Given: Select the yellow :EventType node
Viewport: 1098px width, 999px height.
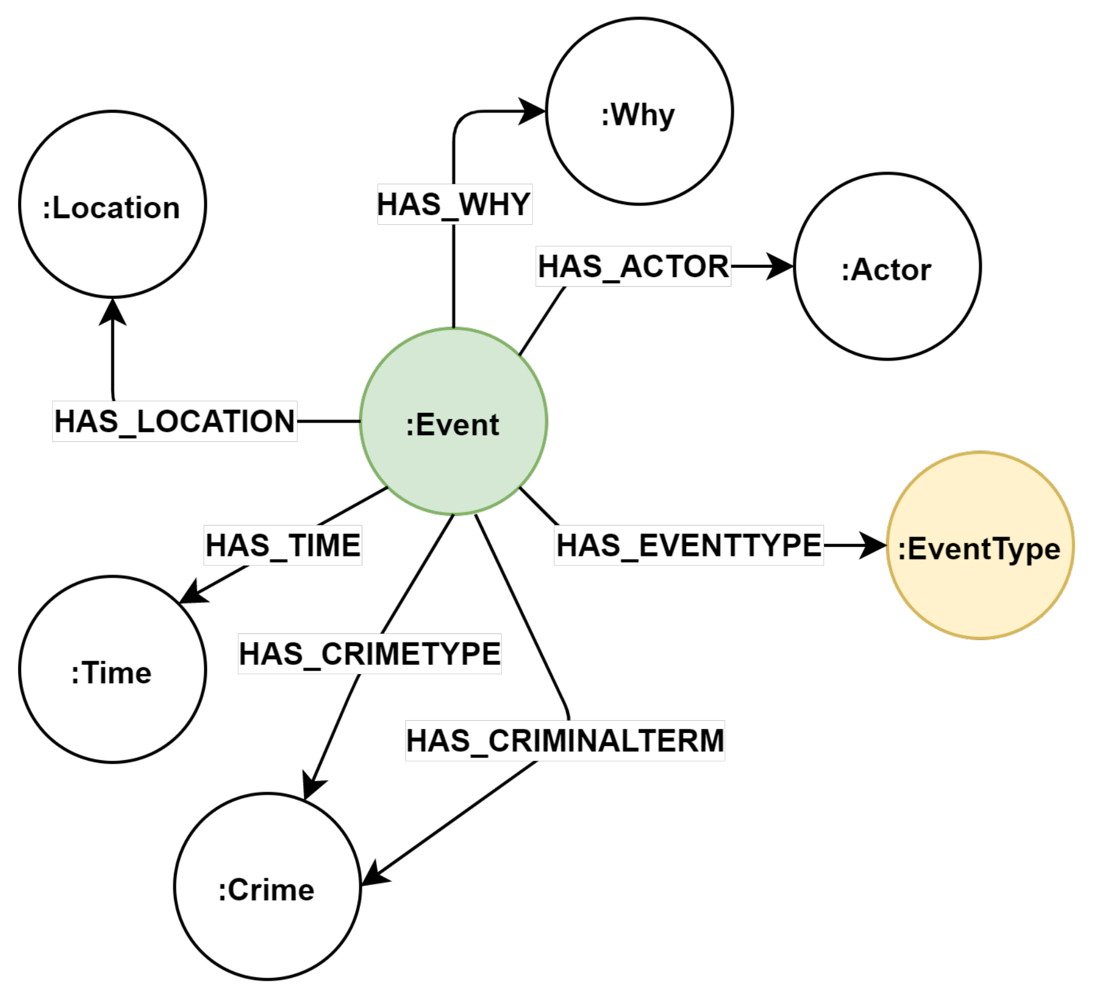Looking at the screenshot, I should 980,545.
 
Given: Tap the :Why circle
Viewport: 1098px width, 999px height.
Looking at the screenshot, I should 639,112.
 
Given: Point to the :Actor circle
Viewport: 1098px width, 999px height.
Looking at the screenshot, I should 887,267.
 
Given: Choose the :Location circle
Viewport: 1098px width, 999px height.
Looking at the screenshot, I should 113,204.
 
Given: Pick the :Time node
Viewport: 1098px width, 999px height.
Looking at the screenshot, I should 113,669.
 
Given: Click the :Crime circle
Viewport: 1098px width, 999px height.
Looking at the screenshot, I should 267,886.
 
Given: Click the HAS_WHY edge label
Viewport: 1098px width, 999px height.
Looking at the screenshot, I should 454,204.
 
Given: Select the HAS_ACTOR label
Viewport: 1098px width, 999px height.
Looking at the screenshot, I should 633,267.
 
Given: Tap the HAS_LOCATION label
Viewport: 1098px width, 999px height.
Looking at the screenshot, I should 175,421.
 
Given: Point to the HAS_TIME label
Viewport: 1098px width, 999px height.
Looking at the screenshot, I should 283,545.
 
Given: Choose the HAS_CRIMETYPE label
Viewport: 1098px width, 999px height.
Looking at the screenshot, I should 370,654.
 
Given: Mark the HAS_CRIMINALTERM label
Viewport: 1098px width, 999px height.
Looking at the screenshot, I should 565,741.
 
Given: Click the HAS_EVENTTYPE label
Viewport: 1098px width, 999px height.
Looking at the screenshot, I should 689,545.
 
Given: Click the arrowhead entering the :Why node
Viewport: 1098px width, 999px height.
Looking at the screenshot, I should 533,112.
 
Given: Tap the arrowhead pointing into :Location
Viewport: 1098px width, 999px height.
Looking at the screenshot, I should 113,312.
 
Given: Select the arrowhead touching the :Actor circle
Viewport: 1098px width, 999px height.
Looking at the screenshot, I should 780,267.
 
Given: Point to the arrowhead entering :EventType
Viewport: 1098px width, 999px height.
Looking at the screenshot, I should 874,545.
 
